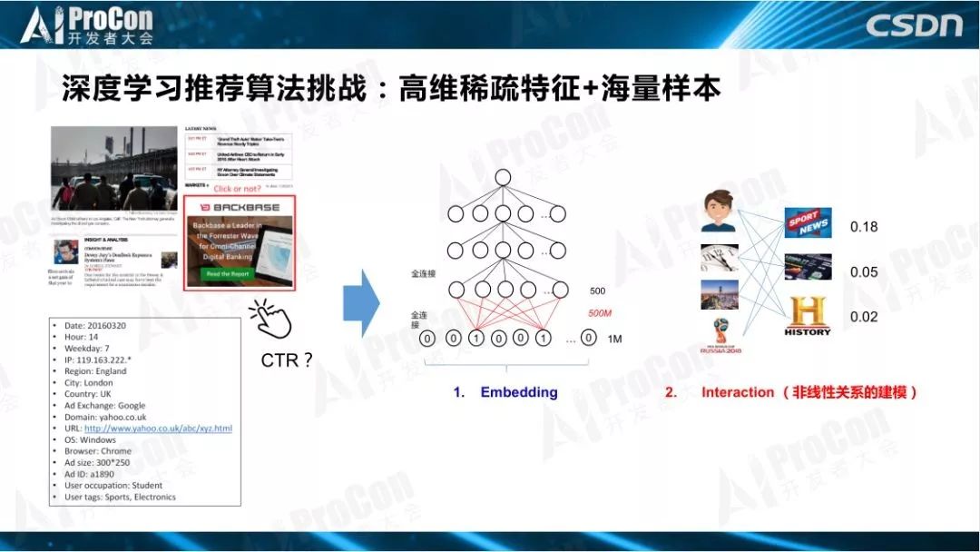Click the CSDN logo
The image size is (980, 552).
click(912, 25)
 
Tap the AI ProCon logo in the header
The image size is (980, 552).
click(88, 25)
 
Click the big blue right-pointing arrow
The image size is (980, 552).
click(360, 297)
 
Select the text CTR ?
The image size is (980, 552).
click(286, 360)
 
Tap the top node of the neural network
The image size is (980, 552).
click(503, 177)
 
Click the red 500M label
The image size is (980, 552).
click(600, 313)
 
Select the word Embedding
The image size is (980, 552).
click(518, 392)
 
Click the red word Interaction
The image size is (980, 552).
click(738, 392)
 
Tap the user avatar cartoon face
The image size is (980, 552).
click(717, 211)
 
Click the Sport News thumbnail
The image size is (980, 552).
click(808, 222)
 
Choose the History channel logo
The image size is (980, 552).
click(808, 315)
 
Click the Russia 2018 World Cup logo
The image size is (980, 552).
click(719, 338)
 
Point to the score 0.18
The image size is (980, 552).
click(863, 227)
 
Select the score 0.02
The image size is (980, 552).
click(863, 316)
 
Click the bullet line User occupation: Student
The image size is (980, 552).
click(113, 486)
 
